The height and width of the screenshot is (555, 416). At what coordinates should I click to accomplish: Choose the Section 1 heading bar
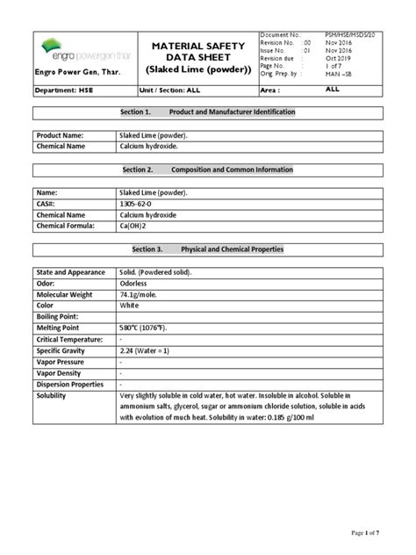208,113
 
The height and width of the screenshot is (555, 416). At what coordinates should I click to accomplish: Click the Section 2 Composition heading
208,169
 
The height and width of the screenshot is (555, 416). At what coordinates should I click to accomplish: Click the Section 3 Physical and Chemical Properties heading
208,249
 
